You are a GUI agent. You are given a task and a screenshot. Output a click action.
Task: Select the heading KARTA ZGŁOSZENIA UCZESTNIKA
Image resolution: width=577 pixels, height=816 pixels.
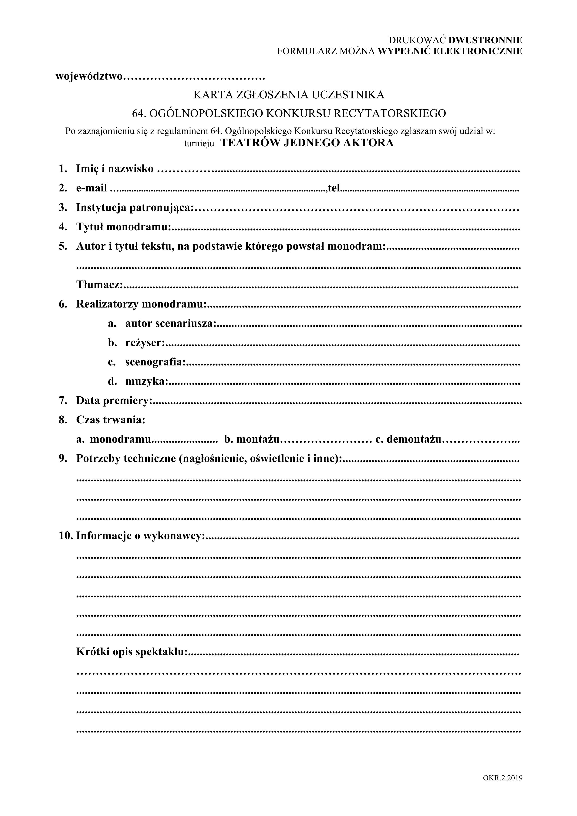coord(289,95)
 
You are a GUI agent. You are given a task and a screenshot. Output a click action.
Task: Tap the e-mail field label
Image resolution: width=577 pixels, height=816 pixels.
coord(91,188)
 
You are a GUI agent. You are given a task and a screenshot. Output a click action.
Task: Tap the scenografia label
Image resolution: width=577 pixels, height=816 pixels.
coord(155,362)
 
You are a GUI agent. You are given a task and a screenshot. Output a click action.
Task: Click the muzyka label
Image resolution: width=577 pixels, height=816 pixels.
coord(146,382)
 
